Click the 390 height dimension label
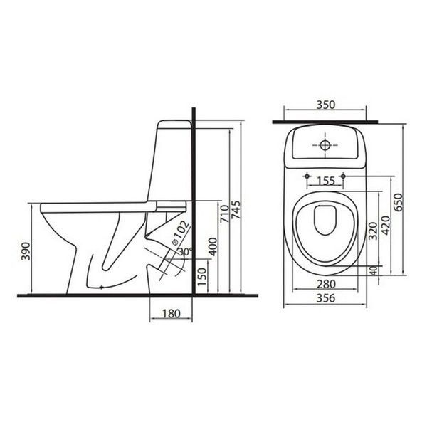pos(26,251)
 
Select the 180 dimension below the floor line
pos(172,313)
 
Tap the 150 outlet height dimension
pos(202,276)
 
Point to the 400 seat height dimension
pos(213,247)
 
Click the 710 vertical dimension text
pos(225,213)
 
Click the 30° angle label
pos(186,251)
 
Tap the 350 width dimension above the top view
pos(326,105)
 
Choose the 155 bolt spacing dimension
pos(326,181)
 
